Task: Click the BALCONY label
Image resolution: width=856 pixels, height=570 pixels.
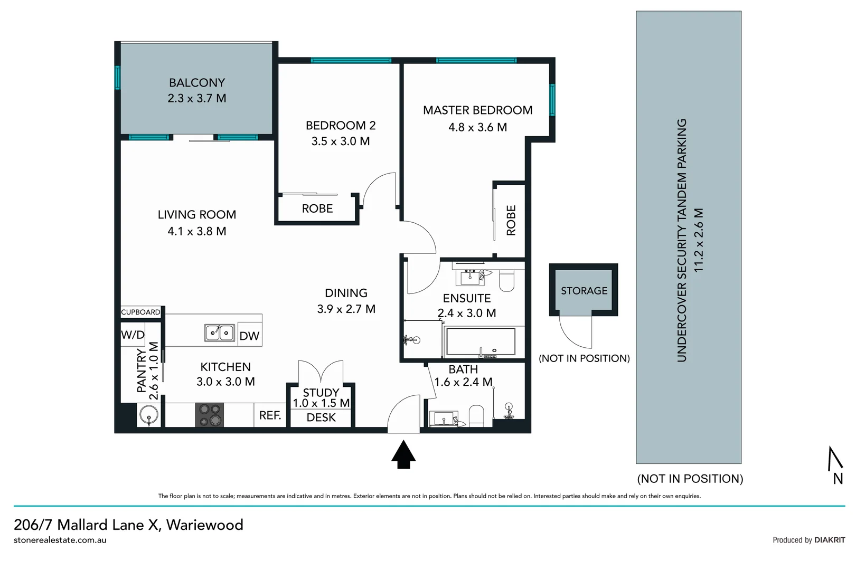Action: (196, 83)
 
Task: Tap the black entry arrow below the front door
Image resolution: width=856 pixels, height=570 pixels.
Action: (403, 455)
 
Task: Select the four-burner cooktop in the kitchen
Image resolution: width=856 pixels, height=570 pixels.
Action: (210, 415)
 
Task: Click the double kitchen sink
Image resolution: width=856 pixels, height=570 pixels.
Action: (220, 333)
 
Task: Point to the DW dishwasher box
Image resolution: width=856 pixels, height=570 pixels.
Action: (249, 336)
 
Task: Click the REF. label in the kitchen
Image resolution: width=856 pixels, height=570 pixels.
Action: (270, 416)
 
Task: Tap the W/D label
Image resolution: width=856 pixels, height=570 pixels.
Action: (133, 335)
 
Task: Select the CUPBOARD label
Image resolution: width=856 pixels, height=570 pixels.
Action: (140, 312)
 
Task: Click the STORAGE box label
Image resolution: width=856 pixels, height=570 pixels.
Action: (584, 291)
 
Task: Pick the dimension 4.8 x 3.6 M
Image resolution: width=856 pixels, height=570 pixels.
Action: (477, 127)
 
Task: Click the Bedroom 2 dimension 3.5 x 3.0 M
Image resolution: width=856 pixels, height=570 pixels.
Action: (340, 141)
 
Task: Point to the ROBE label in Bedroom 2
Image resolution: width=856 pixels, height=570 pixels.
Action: (317, 209)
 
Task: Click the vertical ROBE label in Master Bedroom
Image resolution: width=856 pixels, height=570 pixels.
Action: (511, 220)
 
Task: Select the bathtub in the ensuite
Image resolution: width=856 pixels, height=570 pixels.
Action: (480, 342)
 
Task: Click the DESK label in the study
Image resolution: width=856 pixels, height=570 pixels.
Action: (321, 417)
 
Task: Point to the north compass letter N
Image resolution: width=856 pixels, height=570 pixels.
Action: (838, 479)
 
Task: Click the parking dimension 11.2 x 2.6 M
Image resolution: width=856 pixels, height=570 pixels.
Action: (699, 240)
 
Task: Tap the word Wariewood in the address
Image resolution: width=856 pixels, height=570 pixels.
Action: (204, 525)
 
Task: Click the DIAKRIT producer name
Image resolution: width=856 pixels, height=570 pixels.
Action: (830, 540)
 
